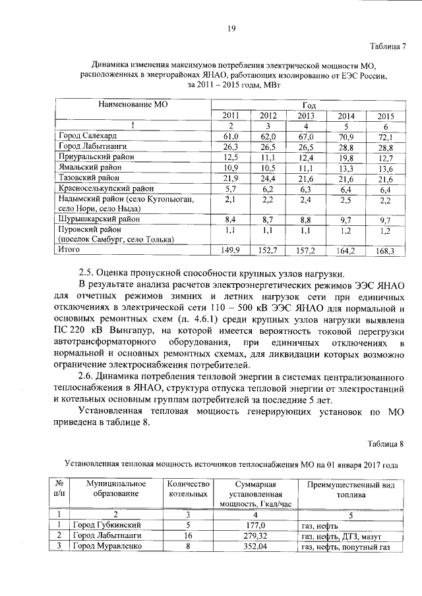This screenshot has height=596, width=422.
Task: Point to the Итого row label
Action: (x=69, y=250)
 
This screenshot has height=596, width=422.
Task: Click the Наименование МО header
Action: (x=133, y=104)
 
